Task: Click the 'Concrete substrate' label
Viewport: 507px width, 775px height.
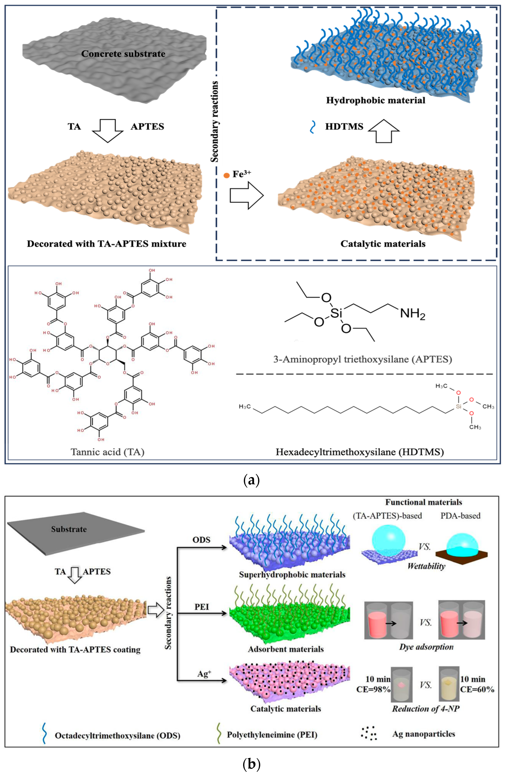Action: coord(123,54)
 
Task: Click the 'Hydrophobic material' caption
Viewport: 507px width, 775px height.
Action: coord(376,100)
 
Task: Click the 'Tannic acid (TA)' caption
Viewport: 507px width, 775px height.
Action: coord(107,452)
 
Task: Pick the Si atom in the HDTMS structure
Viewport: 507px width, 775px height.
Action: coord(458,406)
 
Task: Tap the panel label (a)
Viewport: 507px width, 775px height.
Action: coord(251,480)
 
